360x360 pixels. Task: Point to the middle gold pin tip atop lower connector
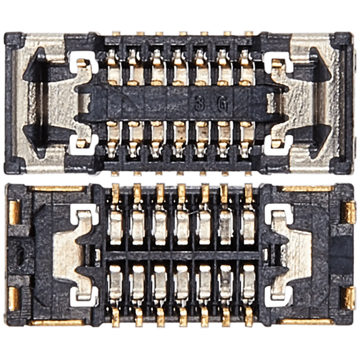pos(181,191)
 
